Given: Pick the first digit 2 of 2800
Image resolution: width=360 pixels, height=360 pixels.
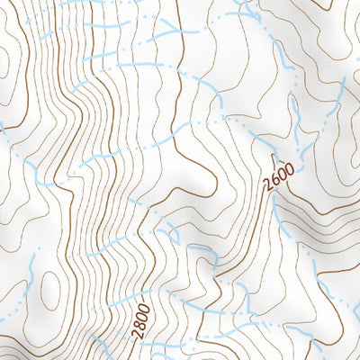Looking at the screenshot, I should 138,333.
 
